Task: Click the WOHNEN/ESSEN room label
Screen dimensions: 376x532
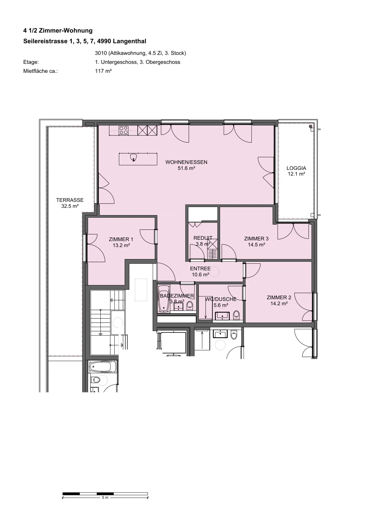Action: (186, 162)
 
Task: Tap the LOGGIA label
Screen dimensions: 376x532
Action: (296, 168)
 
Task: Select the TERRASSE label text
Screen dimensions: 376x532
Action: (70, 200)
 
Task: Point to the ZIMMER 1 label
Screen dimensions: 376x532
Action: (121, 239)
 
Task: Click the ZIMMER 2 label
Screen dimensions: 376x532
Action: (279, 298)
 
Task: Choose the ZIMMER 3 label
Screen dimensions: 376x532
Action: (256, 239)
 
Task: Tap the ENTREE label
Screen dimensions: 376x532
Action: (200, 269)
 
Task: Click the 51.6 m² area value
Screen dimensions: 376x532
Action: (187, 168)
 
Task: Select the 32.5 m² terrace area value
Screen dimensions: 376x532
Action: (70, 206)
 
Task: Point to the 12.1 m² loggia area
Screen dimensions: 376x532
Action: (297, 174)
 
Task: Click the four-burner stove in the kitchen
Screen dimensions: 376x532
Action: (124, 130)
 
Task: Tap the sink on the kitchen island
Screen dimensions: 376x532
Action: (134, 158)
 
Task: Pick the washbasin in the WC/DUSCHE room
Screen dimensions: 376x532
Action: (222, 316)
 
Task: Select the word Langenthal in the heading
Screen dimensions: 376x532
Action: (129, 41)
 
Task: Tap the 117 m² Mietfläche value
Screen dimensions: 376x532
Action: (103, 71)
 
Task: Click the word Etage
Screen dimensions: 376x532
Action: (31, 62)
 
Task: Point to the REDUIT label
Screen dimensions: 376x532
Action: (203, 238)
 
